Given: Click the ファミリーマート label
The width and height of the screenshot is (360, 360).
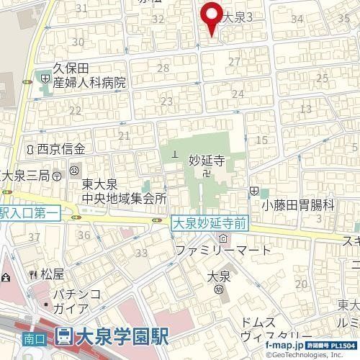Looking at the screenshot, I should pyautogui.click(x=224, y=251).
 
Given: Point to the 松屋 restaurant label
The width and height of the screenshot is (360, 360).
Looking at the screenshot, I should pyautogui.click(x=53, y=274).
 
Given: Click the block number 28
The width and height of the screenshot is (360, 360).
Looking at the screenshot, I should pyautogui.click(x=163, y=68).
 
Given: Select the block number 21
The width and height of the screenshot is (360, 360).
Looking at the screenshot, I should pyautogui.click(x=125, y=135).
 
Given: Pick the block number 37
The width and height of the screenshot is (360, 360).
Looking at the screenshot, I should pyautogui.click(x=34, y=236).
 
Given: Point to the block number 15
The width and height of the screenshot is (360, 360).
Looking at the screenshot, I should pyautogui.click(x=261, y=139).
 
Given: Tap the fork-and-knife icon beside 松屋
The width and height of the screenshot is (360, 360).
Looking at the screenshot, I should pyautogui.click(x=32, y=274).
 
